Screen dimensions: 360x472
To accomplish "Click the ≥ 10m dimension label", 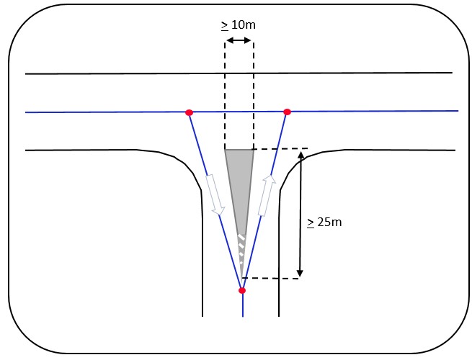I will (x=239, y=25).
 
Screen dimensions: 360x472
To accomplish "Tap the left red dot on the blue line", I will (x=189, y=112).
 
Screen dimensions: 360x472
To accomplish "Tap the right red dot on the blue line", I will (x=287, y=112).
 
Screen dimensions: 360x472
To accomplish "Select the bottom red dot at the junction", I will (x=242, y=290).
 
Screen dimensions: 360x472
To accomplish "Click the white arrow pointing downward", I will (x=215, y=195).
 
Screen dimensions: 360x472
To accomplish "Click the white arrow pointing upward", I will (x=267, y=195).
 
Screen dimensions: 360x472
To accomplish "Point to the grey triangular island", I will (x=239, y=180).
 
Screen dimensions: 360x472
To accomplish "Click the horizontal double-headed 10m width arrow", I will (x=239, y=42).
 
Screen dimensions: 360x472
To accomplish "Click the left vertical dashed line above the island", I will (x=226, y=94).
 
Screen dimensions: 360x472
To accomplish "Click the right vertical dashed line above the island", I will (x=253, y=94).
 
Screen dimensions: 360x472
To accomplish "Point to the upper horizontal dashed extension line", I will (x=281, y=149).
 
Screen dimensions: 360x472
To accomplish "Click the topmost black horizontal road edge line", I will (x=238, y=73).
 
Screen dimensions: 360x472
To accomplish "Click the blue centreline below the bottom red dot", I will (x=242, y=305).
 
